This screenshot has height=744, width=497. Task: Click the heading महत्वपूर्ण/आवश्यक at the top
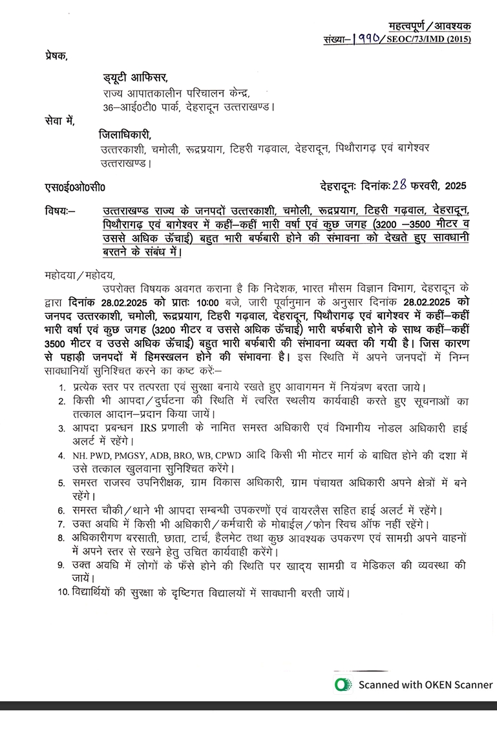[430, 26]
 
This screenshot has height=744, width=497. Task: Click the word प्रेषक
[56, 56]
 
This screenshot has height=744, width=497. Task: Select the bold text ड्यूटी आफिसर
[135, 78]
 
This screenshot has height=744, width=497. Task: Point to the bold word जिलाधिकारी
[125, 135]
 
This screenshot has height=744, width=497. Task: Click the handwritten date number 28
[401, 186]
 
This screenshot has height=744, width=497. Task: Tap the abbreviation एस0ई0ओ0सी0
[74, 188]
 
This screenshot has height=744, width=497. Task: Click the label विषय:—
[60, 211]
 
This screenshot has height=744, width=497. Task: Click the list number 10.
[63, 593]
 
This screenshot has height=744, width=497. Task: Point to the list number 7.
[61, 524]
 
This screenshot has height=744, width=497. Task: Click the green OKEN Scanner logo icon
[343, 684]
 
